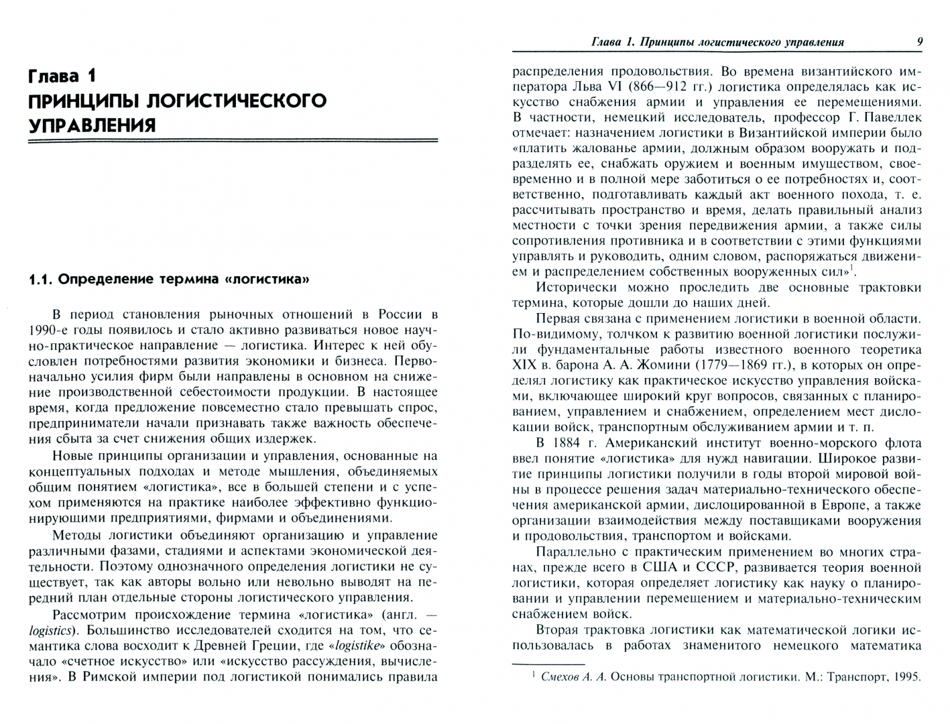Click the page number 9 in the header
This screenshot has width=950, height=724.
point(919,42)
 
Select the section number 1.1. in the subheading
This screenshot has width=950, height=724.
point(42,279)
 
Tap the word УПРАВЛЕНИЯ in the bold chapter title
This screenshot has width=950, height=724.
point(91,125)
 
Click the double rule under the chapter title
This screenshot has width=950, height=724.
point(233,141)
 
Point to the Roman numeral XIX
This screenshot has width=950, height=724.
point(526,365)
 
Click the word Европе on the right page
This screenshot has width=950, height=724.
point(831,505)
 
